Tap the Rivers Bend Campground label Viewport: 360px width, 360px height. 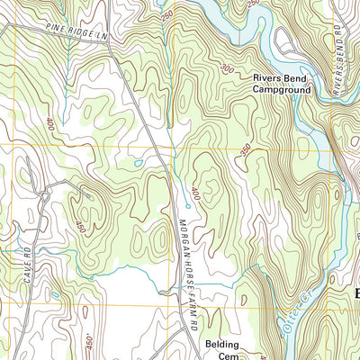(x=281, y=85)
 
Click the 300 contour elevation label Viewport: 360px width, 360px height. (x=225, y=68)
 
